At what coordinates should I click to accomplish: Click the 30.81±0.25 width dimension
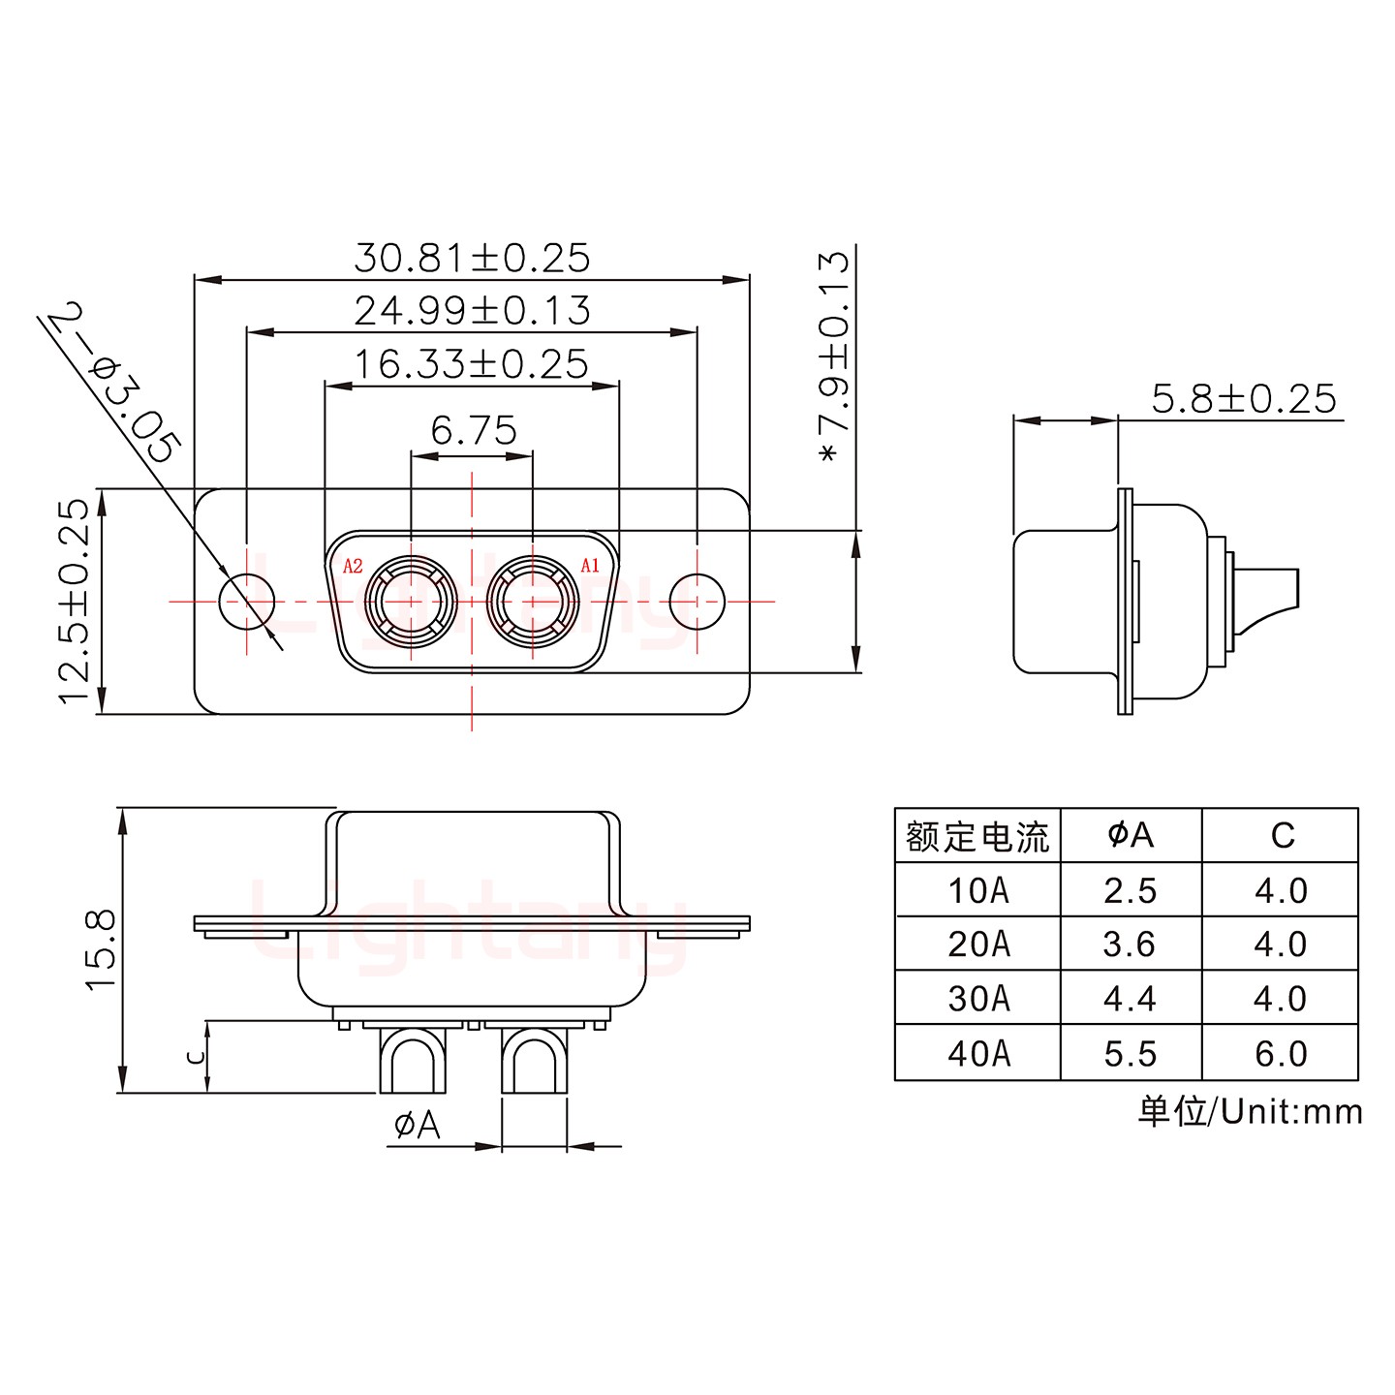[x=472, y=259]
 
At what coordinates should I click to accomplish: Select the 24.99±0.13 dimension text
[x=472, y=311]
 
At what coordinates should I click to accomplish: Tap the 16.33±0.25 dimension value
[x=472, y=365]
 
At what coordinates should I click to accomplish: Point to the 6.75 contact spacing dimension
[x=473, y=430]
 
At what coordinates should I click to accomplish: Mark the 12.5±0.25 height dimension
[x=75, y=601]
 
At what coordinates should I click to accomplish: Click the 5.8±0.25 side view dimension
[x=1243, y=399]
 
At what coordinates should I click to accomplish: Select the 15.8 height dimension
[x=102, y=949]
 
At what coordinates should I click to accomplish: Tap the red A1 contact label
[x=589, y=566]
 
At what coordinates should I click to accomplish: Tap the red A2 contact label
[x=353, y=566]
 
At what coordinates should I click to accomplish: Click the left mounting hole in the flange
[x=247, y=602]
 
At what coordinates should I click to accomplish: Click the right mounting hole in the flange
[x=697, y=602]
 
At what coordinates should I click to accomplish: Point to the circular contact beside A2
[x=411, y=602]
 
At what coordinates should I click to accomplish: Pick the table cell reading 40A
[x=978, y=1053]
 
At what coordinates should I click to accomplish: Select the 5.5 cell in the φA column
[x=1131, y=1053]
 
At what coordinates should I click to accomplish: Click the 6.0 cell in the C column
[x=1281, y=1053]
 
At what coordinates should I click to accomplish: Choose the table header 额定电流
[x=977, y=836]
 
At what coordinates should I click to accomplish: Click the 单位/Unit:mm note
[x=1250, y=1111]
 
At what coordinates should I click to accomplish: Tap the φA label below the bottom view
[x=418, y=1125]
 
